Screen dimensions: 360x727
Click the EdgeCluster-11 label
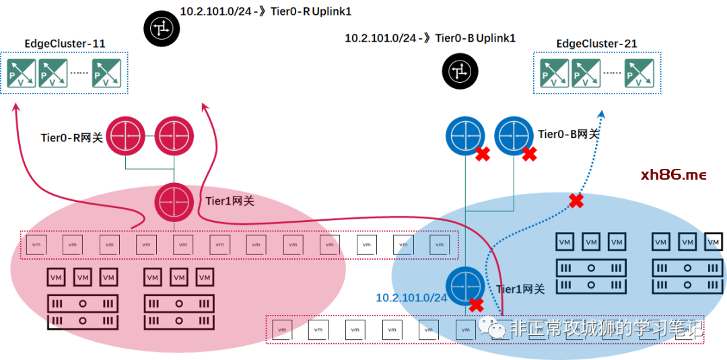tap(65, 44)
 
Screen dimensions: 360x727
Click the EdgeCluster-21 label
tap(596, 44)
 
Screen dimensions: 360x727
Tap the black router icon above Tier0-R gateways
tap(162, 28)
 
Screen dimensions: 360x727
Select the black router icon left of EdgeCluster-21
tap(460, 71)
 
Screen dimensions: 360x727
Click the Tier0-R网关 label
tap(71, 138)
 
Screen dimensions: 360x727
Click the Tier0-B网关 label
tap(568, 134)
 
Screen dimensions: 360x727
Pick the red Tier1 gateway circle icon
tap(174, 201)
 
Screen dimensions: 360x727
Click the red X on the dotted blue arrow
tap(576, 200)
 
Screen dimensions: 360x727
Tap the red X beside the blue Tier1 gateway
tap(477, 305)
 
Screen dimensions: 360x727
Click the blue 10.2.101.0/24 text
tap(411, 297)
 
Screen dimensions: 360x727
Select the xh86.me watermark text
tap(674, 175)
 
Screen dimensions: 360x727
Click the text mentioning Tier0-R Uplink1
tap(265, 11)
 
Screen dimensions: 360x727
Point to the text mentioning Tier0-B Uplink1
tap(430, 38)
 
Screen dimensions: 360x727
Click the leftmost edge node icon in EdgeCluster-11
tap(22, 73)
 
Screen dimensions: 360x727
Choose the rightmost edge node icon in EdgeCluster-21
tap(639, 73)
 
